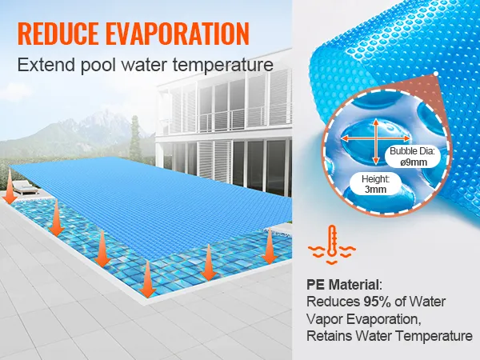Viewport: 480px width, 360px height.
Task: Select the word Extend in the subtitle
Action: click(44, 63)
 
